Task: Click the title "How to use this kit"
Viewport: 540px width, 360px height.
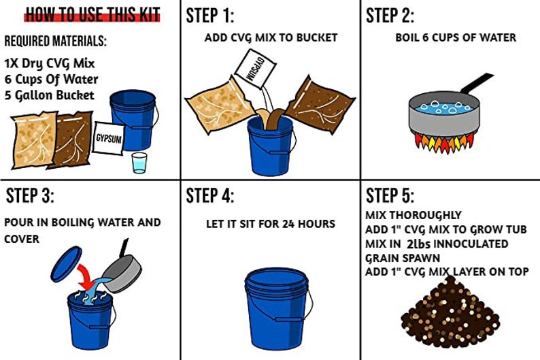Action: point(93,15)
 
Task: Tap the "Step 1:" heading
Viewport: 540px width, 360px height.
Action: point(210,16)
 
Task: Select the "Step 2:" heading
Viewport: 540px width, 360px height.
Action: point(390,16)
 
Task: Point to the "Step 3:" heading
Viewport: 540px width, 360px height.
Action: point(30,196)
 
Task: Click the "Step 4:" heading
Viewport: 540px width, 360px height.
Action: point(210,196)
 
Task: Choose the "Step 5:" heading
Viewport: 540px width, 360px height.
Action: point(390,196)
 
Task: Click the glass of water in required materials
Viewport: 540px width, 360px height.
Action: point(139,163)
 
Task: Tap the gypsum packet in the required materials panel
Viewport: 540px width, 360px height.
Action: point(108,138)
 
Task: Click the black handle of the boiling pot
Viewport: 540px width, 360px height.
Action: point(477,84)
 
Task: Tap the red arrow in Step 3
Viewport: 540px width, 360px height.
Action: point(88,276)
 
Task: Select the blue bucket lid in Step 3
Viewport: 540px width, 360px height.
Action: point(66,263)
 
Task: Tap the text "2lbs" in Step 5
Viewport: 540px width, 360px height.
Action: point(418,244)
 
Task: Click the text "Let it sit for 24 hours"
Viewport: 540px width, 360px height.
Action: point(271,224)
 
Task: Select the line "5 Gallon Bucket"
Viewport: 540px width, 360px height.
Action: point(49,95)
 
